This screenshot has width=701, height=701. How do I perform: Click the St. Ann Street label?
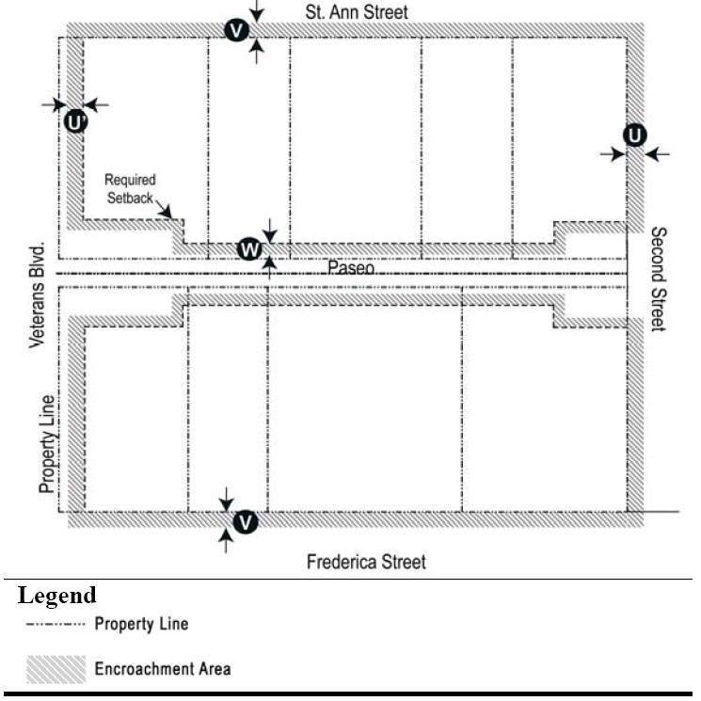tap(357, 12)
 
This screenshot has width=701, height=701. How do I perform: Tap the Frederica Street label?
tap(366, 562)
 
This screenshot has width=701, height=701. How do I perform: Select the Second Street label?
tap(658, 279)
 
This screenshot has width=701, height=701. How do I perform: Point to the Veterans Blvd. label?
tap(38, 297)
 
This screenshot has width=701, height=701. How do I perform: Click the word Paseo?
tap(351, 268)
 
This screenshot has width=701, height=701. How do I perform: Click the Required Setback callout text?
tap(130, 187)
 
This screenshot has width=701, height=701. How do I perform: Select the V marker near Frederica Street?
tap(245, 521)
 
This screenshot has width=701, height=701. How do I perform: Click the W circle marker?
tap(248, 249)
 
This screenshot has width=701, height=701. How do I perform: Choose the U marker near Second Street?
tap(635, 135)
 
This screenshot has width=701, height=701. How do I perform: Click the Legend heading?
tap(56, 596)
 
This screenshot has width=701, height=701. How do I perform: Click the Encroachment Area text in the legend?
tap(162, 669)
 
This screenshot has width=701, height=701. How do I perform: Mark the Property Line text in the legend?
tap(141, 624)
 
